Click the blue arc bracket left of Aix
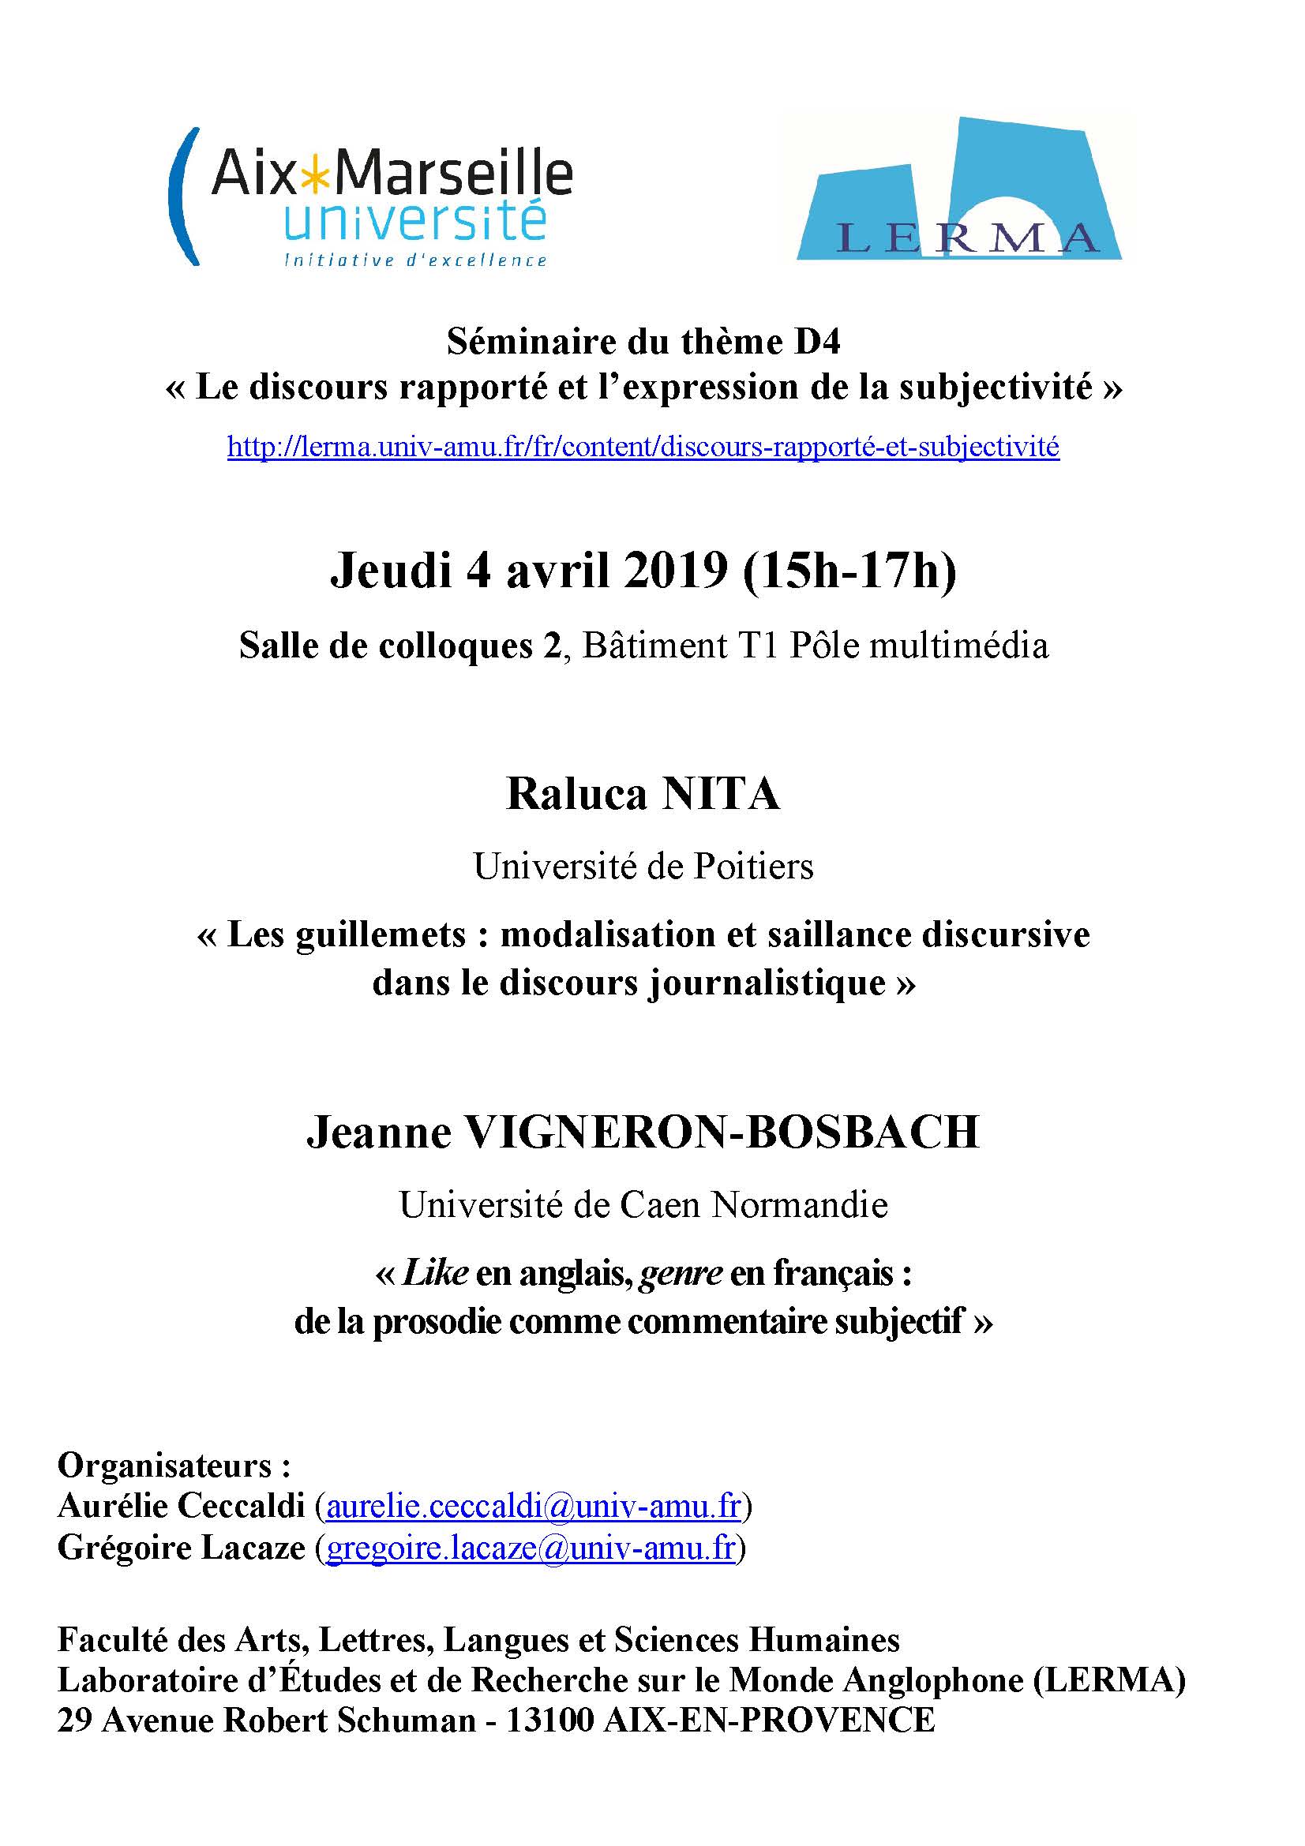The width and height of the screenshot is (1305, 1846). pyautogui.click(x=182, y=198)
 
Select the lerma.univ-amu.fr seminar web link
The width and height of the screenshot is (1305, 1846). pyautogui.click(x=643, y=446)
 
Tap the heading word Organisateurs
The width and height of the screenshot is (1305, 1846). pyautogui.click(x=167, y=1465)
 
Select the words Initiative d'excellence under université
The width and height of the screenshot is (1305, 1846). pyautogui.click(x=416, y=260)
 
